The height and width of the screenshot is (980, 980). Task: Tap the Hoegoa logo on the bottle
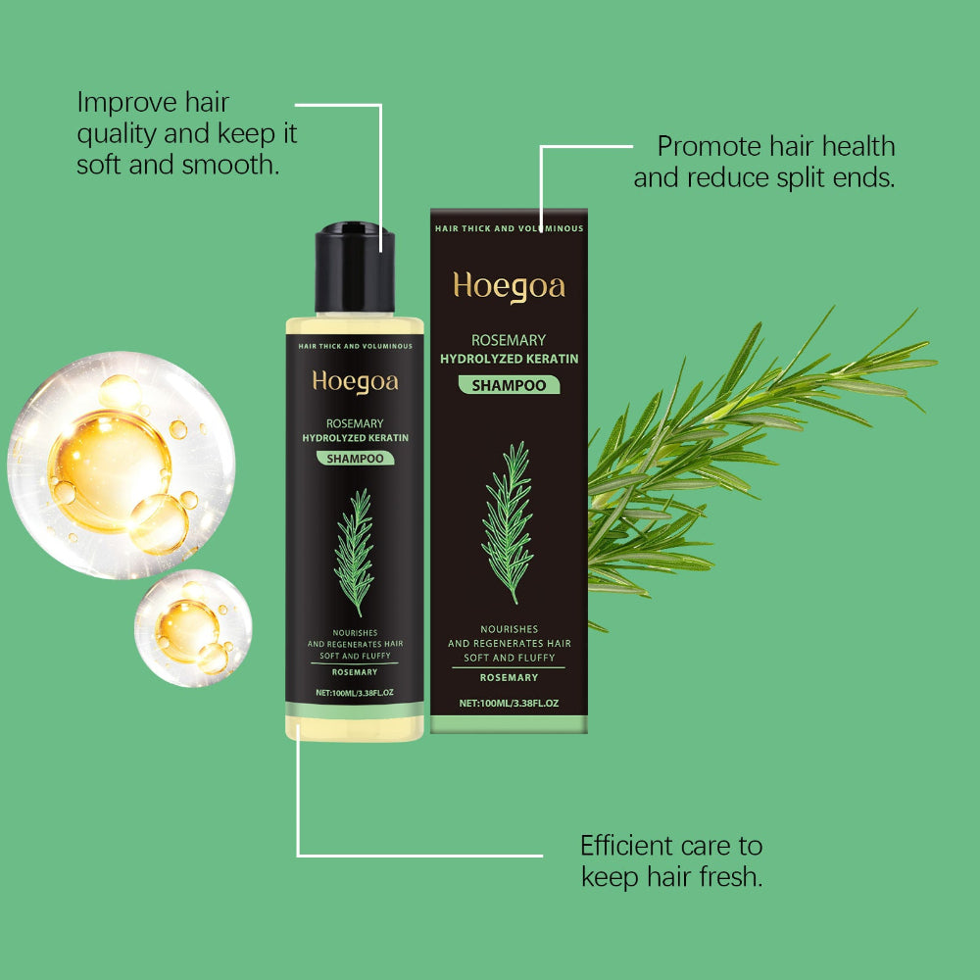[355, 381]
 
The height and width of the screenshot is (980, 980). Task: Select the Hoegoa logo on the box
[509, 286]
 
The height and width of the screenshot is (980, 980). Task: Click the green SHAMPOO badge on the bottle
[355, 458]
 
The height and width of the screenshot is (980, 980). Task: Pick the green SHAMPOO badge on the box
[509, 385]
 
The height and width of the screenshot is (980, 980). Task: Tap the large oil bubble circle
[121, 465]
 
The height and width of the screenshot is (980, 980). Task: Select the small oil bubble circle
[192, 627]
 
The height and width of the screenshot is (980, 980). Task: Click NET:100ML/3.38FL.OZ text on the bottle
[355, 693]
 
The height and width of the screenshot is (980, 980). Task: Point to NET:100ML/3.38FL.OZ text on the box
[509, 703]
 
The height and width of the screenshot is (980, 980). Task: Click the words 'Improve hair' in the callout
[153, 102]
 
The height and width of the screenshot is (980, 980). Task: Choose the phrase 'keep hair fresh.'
[671, 876]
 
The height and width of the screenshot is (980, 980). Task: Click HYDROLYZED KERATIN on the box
[509, 359]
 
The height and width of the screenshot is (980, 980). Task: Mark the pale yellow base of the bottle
[355, 727]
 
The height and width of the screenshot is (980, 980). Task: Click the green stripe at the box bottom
[509, 724]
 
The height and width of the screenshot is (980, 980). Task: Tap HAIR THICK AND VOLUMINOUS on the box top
[509, 228]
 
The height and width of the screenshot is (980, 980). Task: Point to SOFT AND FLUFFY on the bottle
[355, 656]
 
